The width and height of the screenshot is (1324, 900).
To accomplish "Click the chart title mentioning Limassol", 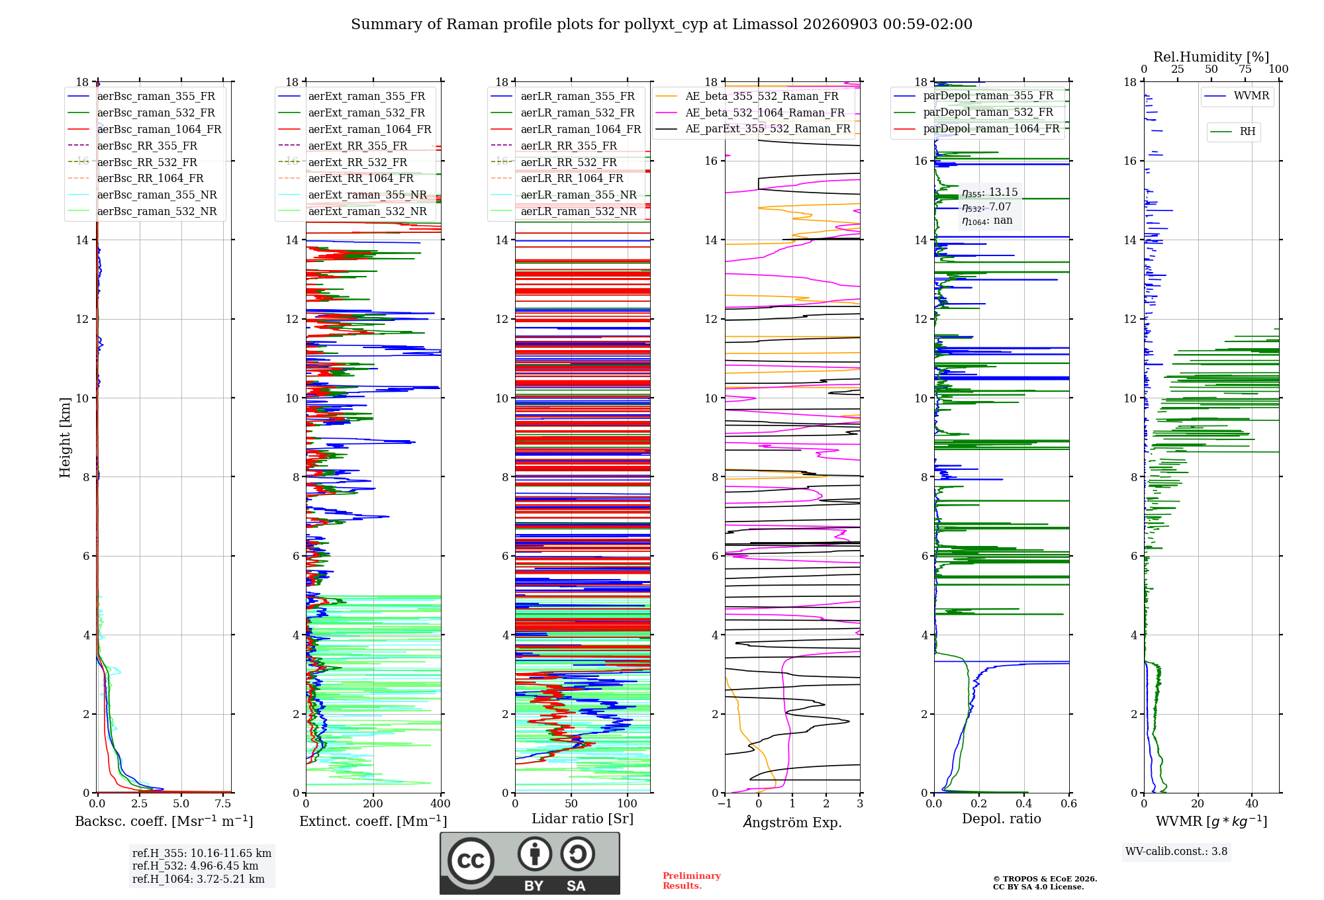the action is pos(661,24).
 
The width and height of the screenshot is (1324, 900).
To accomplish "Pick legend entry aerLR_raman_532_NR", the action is pos(563,211).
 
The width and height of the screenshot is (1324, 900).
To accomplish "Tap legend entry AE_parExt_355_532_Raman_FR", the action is pos(753,128).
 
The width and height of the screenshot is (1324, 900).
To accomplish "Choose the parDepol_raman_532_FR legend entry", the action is pos(973,112).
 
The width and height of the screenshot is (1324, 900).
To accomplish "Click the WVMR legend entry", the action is pos(1237,96).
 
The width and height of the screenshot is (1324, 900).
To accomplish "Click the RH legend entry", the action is pos(1233,132).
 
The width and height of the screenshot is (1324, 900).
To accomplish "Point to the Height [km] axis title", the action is pos(65,437).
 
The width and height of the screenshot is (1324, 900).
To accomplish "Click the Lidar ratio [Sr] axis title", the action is pos(583,819).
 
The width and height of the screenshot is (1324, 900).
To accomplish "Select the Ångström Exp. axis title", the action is pos(792,822).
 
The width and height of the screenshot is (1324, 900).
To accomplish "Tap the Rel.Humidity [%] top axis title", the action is pos(1211,57).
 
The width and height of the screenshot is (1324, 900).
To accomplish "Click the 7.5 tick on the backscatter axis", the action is pos(223,803).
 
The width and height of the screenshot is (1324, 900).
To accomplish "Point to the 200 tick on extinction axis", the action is pos(373,803).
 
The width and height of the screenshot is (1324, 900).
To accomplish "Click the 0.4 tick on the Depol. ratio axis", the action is pos(1024,803).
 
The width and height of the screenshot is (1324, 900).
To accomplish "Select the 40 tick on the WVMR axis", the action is pos(1252,803).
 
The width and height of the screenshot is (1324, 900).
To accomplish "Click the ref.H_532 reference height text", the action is pos(195,866).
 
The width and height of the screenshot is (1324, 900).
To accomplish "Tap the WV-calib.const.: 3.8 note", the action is pos(1176,852).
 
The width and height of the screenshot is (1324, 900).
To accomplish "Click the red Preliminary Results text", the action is pos(691,881).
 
